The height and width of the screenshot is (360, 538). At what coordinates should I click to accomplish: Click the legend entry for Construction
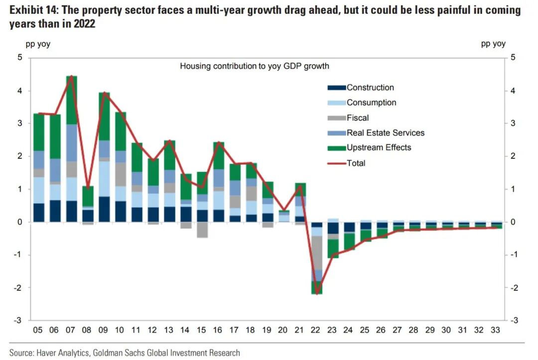370,88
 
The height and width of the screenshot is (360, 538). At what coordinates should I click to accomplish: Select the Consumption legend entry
371,103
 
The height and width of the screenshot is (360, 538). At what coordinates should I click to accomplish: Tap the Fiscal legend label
358,118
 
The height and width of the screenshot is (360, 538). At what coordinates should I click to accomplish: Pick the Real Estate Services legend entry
385,133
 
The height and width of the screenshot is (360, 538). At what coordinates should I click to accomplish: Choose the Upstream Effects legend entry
379,148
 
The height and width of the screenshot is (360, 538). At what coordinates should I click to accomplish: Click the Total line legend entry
356,163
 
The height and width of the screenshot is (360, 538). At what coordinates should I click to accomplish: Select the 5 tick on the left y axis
20,58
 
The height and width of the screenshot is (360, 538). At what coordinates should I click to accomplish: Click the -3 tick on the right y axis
515,321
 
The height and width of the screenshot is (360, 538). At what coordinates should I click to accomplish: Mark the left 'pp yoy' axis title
38,44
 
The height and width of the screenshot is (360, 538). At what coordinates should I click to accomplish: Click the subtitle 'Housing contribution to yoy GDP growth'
255,66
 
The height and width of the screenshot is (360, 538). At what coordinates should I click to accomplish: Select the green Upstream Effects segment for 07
71,100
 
